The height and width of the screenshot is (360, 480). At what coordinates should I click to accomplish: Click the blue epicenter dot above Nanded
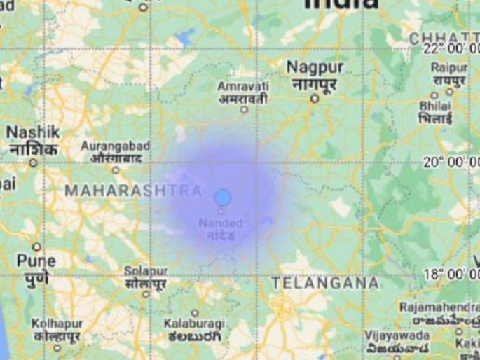pos(223,198)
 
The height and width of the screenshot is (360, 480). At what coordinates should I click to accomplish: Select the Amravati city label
pos(243,85)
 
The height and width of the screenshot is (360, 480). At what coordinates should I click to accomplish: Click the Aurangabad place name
pos(116,146)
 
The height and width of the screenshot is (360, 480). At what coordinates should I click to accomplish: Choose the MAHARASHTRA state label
pos(133,191)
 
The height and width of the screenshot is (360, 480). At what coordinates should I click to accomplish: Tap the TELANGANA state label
pos(325,283)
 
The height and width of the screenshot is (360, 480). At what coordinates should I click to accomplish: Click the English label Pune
pos(36,261)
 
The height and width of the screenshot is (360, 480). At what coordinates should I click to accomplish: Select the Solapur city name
pos(146,270)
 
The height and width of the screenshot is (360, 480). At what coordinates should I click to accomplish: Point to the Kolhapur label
pos(57,324)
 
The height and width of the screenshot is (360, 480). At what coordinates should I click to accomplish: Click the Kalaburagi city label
pos(194,324)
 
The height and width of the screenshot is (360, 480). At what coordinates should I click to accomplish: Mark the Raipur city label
pos(449,68)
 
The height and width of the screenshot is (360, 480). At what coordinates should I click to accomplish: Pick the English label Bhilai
pos(435,105)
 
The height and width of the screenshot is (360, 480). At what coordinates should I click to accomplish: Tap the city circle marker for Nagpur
pos(315,99)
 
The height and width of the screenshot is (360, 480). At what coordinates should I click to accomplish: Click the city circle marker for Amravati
pos(244,109)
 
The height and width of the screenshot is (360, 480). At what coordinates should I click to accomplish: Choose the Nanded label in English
pos(220,223)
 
